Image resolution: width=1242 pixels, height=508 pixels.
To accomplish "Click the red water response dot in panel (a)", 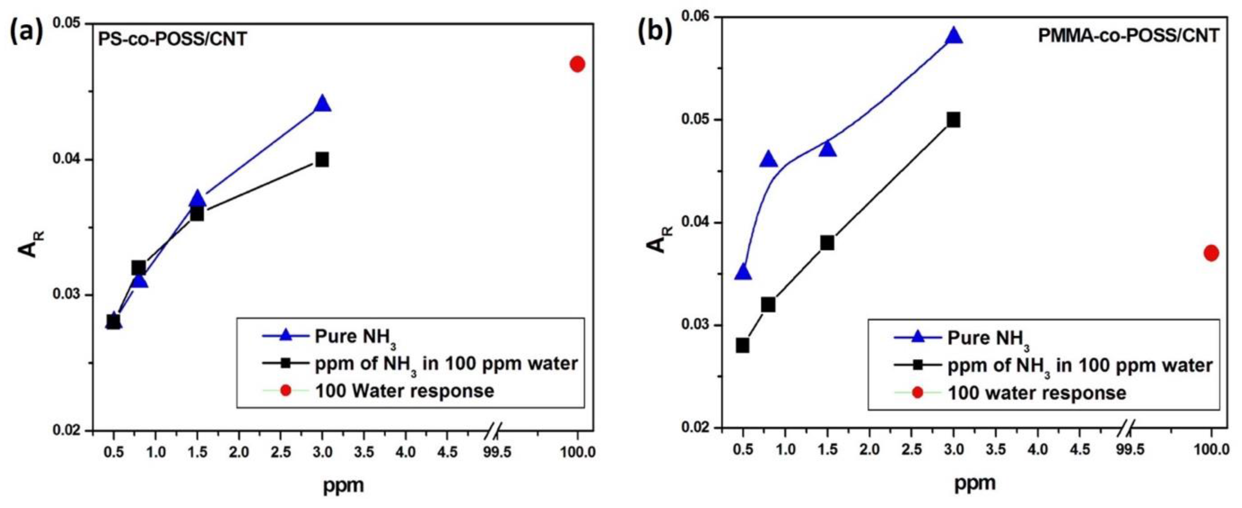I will tap(577, 64).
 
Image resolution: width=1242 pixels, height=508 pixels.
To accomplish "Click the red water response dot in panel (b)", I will tap(1211, 253).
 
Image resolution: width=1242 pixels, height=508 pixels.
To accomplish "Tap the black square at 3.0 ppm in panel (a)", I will tap(322, 160).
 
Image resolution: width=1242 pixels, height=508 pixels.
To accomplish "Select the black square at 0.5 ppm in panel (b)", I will tap(742, 346).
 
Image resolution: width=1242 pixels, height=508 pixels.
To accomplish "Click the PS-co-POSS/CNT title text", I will tap(173, 39).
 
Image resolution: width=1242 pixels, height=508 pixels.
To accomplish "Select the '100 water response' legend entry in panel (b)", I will tap(1037, 393).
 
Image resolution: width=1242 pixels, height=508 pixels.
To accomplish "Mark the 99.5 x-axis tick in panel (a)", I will tap(499, 453).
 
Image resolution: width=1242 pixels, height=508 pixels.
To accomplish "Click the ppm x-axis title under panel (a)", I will tap(343, 485).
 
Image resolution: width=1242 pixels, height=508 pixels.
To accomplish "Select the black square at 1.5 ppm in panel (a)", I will tap(197, 214).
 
